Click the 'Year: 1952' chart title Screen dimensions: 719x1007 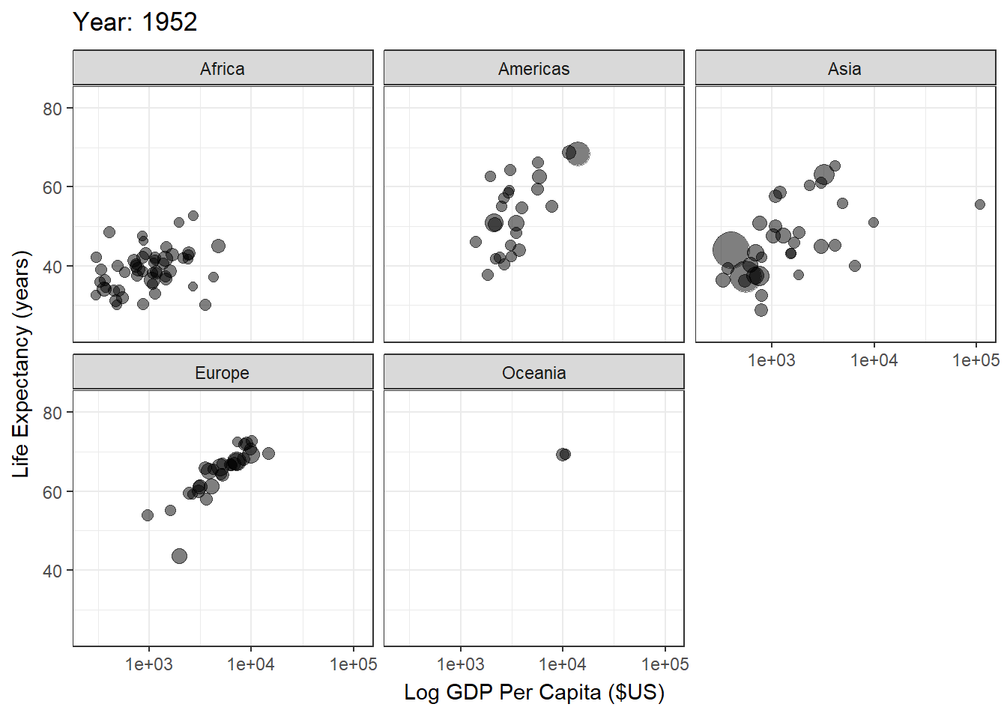point(135,22)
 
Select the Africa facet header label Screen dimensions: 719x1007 point(223,69)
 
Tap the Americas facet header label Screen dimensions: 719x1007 point(533,69)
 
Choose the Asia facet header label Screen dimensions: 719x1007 point(844,69)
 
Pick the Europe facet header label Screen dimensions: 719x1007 point(223,373)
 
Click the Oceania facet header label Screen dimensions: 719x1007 point(533,373)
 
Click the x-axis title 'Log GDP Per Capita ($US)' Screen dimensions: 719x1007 point(533,692)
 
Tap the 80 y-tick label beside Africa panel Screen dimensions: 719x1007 point(52,109)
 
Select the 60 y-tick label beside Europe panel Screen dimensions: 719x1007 point(52,492)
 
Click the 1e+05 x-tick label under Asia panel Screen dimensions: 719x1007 point(975,360)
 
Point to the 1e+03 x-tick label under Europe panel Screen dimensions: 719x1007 point(148,664)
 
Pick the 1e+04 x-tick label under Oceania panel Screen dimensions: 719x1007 point(562,664)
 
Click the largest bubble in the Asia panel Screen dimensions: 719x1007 point(731,249)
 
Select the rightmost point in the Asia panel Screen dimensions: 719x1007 point(980,204)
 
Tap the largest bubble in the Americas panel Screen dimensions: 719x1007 point(578,154)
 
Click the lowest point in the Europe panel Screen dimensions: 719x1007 point(179,556)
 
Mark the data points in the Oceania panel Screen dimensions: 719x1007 point(563,455)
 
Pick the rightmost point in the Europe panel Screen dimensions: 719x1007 point(268,453)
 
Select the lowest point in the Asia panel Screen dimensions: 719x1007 point(761,310)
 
